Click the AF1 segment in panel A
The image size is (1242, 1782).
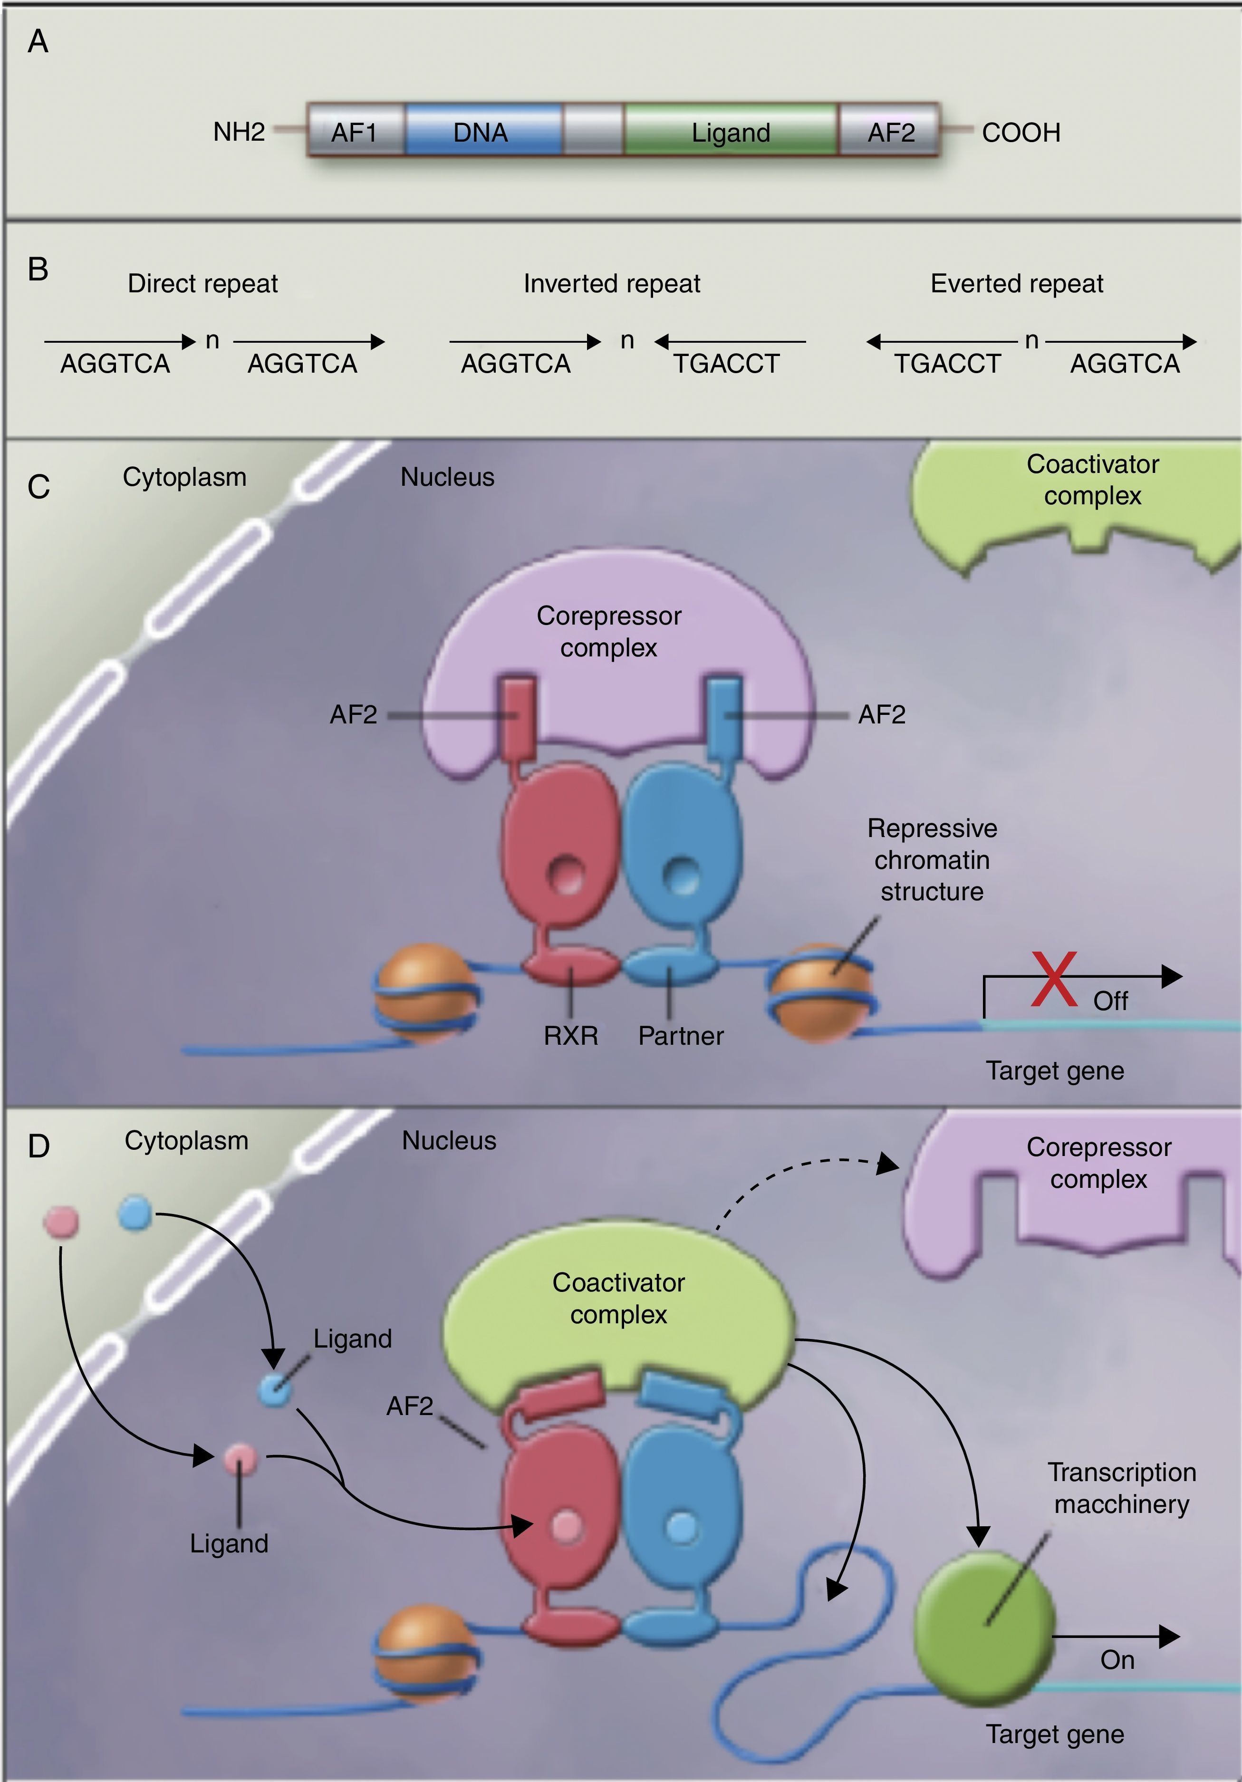pyautogui.click(x=354, y=132)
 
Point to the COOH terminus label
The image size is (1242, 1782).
pyautogui.click(x=1021, y=133)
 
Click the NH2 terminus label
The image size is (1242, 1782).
pyautogui.click(x=239, y=132)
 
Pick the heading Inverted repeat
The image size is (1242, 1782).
pyautogui.click(x=612, y=283)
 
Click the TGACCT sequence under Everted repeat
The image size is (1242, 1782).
pyautogui.click(x=948, y=363)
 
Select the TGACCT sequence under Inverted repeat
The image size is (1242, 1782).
pyautogui.click(x=726, y=363)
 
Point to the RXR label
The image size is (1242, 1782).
pyautogui.click(x=570, y=1035)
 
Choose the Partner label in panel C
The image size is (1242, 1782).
pyautogui.click(x=681, y=1035)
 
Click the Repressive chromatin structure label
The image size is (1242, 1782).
pyautogui.click(x=932, y=860)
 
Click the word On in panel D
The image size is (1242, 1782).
pyautogui.click(x=1117, y=1660)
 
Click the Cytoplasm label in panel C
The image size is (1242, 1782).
pyautogui.click(x=185, y=477)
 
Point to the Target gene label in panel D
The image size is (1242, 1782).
pyautogui.click(x=1055, y=1734)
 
